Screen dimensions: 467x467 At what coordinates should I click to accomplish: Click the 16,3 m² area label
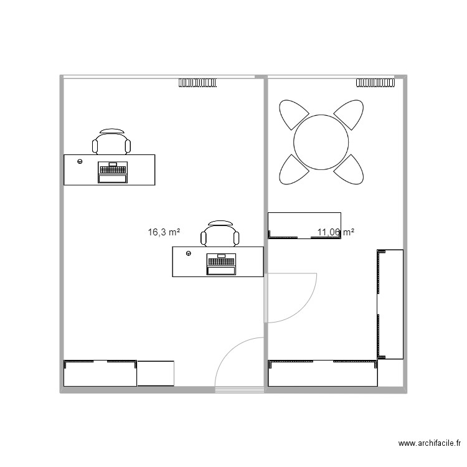[x=164, y=232]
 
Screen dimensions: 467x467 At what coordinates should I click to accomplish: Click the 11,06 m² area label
[x=336, y=232]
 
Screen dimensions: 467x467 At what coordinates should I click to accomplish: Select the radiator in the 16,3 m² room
[x=199, y=82]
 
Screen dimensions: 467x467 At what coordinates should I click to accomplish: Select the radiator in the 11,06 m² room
[x=375, y=82]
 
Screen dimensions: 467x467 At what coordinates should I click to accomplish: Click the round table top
[x=321, y=143]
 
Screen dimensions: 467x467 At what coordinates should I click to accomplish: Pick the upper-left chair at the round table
[x=293, y=115]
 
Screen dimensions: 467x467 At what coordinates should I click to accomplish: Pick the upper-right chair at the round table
[x=349, y=115]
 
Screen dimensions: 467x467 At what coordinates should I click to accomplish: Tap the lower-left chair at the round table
[x=293, y=170]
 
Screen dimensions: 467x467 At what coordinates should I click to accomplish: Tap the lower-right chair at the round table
[x=349, y=170]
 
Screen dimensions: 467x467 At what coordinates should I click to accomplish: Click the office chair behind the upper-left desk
[x=112, y=142]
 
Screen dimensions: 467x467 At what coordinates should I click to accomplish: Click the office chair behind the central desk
[x=220, y=233]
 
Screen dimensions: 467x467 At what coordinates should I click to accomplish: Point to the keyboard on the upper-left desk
[x=113, y=168]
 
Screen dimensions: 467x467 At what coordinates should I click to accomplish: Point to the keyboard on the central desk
[x=221, y=260]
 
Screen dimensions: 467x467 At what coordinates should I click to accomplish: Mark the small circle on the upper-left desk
[x=80, y=161]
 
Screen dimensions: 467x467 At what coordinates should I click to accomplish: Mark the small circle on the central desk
[x=188, y=253]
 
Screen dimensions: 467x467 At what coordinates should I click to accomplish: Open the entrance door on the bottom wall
[x=240, y=364]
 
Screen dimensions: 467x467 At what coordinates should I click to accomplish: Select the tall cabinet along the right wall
[x=390, y=304]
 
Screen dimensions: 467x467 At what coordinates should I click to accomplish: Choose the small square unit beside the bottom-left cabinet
[x=156, y=373]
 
